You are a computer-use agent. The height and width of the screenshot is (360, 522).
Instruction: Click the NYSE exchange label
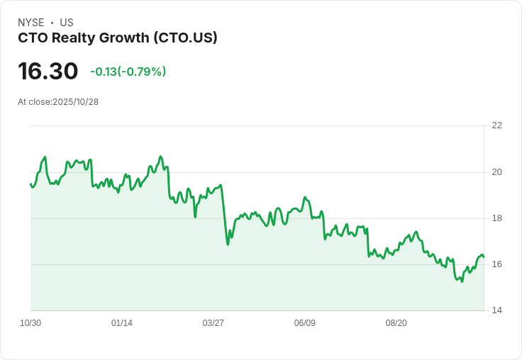pyautogui.click(x=30, y=23)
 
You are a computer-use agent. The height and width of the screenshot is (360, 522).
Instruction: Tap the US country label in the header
pyautogui.click(x=67, y=23)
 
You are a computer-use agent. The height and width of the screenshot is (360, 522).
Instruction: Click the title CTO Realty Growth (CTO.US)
pyautogui.click(x=118, y=38)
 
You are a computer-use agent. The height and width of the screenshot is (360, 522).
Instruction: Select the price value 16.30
pyautogui.click(x=48, y=71)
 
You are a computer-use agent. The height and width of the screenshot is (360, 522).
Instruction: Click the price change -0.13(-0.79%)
pyautogui.click(x=128, y=72)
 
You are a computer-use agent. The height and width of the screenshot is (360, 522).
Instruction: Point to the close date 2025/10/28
pyautogui.click(x=75, y=102)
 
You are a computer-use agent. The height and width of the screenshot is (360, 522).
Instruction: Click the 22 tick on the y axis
pyautogui.click(x=496, y=125)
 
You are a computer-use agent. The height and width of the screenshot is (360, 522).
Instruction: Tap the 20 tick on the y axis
pyautogui.click(x=496, y=172)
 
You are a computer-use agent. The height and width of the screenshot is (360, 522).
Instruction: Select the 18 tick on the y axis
pyautogui.click(x=496, y=218)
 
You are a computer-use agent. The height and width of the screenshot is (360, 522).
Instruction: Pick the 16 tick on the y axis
pyautogui.click(x=496, y=264)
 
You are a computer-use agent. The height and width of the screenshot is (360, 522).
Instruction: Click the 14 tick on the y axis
pyautogui.click(x=496, y=310)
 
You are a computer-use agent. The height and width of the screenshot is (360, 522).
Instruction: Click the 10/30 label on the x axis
pyautogui.click(x=30, y=323)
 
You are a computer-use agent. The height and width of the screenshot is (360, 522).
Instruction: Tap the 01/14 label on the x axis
pyautogui.click(x=122, y=323)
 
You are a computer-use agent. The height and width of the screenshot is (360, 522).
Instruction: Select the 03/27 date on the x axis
pyautogui.click(x=213, y=323)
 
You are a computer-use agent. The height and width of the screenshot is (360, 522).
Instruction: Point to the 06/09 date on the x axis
pyautogui.click(x=304, y=323)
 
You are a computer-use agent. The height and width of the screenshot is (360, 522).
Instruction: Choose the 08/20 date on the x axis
pyautogui.click(x=396, y=323)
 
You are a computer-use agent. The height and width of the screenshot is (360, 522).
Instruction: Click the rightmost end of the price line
pyautogui.click(x=484, y=257)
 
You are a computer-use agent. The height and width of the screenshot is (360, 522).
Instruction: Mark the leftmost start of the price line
pyautogui.click(x=30, y=184)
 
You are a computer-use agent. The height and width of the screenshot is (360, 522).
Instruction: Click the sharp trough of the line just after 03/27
pyautogui.click(x=228, y=244)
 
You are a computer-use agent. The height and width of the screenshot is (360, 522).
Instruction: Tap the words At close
pyautogui.click(x=34, y=102)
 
